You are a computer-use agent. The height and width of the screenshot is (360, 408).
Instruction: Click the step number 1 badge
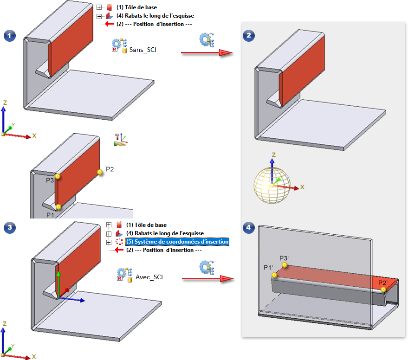click(x=8, y=36)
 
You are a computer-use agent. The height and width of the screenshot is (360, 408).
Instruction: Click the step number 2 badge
click(x=248, y=36)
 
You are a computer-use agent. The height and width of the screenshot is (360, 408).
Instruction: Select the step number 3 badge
click(x=8, y=227)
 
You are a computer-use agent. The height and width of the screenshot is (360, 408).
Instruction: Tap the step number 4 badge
click(x=248, y=227)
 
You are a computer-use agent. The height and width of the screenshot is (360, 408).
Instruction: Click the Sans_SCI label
click(x=143, y=49)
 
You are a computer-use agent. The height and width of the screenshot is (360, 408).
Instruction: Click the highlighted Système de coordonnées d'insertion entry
click(x=178, y=242)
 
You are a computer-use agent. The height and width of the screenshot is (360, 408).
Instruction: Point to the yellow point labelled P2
click(x=99, y=172)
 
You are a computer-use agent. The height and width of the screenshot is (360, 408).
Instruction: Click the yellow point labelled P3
click(x=58, y=176)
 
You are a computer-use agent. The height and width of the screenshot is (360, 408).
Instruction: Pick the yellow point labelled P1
click(x=58, y=207)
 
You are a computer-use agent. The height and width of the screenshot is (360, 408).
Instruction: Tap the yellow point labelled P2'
click(x=383, y=289)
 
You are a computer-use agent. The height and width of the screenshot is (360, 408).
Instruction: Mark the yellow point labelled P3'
click(x=285, y=265)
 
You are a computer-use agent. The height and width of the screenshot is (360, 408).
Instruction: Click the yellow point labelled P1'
click(x=275, y=275)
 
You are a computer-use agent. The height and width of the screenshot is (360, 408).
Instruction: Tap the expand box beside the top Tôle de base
click(x=99, y=8)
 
